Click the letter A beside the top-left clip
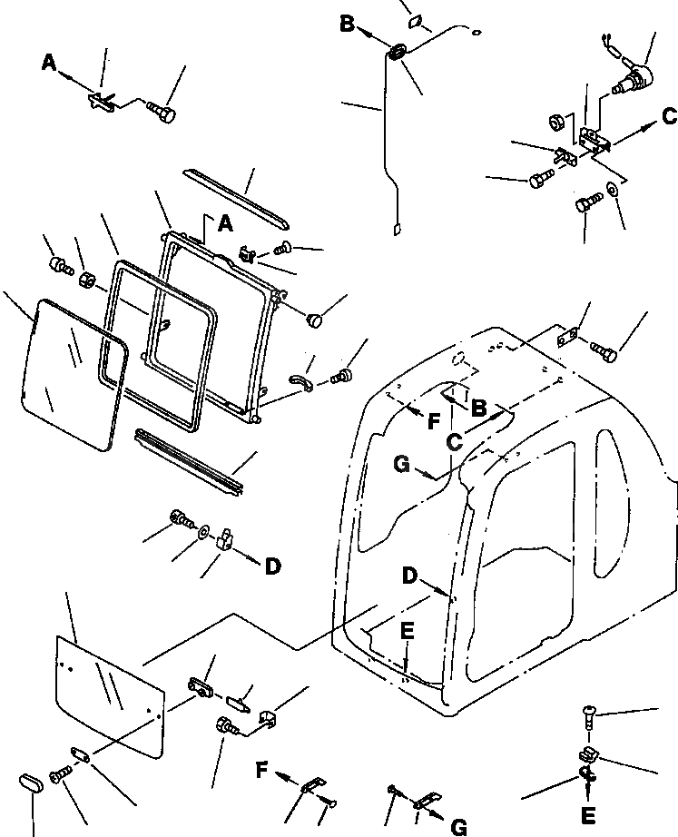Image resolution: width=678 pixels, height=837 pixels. (49, 62)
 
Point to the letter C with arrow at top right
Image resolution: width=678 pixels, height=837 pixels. (668, 116)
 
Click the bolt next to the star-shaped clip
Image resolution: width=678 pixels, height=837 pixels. (162, 113)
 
